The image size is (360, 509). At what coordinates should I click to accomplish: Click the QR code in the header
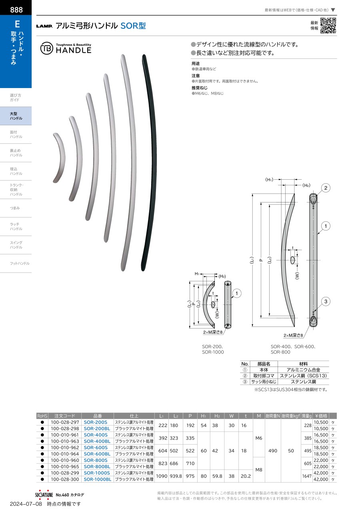pos(328,26)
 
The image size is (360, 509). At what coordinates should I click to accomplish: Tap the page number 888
pos(16,10)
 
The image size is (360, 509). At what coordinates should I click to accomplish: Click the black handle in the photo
pos(149,162)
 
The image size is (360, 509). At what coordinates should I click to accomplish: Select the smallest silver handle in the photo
pos(59,158)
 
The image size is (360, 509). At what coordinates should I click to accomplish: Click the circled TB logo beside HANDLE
pos(46,48)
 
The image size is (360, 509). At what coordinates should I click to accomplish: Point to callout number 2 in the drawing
pos(326,188)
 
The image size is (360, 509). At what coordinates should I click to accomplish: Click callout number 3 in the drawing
pos(326,302)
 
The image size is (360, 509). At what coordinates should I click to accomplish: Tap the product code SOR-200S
pos(95,422)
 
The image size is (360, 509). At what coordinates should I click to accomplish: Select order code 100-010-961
pos(65,435)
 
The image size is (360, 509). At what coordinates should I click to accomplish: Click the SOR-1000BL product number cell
pos(98,479)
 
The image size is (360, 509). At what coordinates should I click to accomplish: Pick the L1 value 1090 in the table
pos(162,476)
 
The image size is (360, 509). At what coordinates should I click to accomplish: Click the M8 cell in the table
pos(259,470)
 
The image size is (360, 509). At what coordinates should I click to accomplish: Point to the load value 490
pos(273,451)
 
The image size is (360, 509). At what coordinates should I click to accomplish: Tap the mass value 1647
pos(307,476)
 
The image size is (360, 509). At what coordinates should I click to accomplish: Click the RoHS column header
pos(42,416)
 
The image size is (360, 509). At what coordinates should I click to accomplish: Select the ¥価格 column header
pos(321,416)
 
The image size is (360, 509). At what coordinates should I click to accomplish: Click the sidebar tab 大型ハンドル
pos(16,116)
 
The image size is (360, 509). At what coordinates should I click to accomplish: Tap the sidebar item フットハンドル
pos(20,263)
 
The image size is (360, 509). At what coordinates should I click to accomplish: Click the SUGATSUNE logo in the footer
pos(44,495)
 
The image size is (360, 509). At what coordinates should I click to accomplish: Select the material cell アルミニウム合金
pos(303,370)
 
